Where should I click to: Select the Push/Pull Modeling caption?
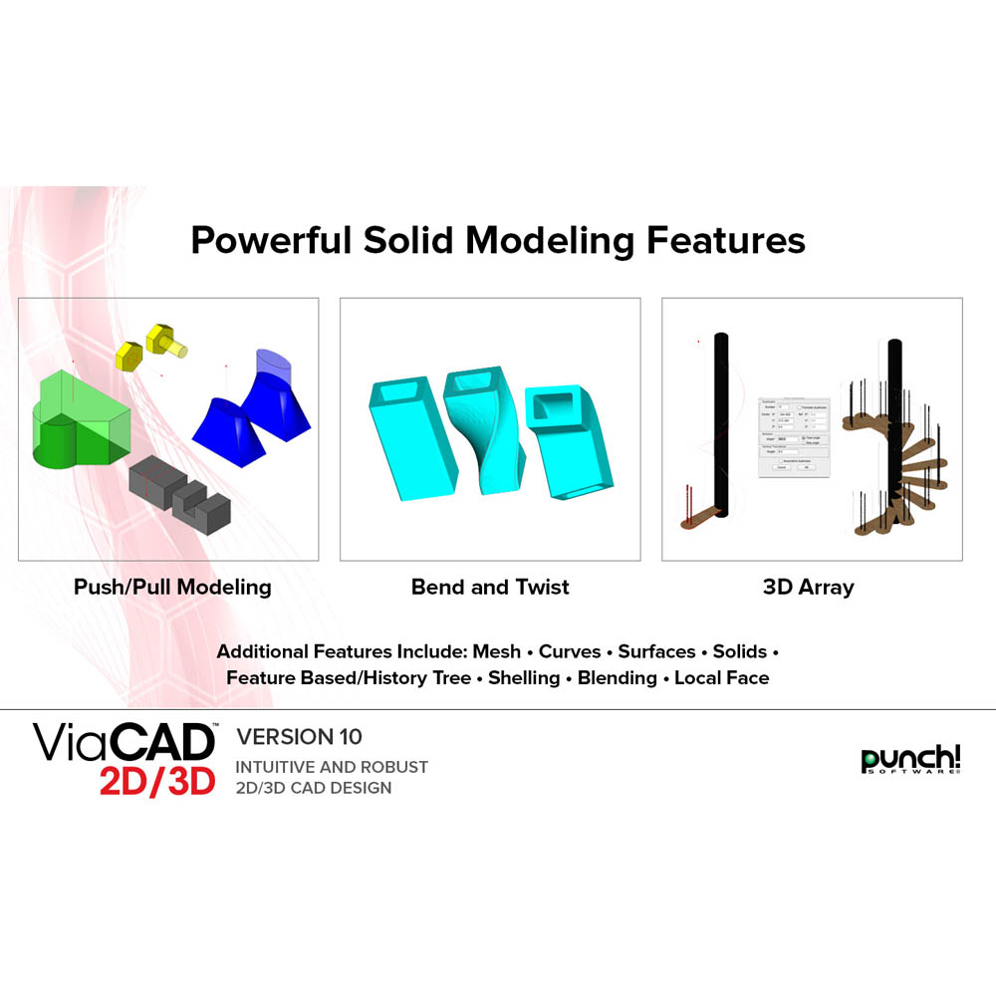click(x=172, y=587)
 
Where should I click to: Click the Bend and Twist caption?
click(x=490, y=587)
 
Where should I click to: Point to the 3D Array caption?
click(x=808, y=587)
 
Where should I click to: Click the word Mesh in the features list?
click(x=496, y=651)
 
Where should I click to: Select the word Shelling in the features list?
click(x=524, y=678)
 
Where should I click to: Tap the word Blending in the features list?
click(x=618, y=678)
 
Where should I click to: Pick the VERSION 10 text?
click(x=299, y=737)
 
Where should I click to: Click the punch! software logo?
click(x=910, y=760)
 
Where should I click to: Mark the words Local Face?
click(x=722, y=678)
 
